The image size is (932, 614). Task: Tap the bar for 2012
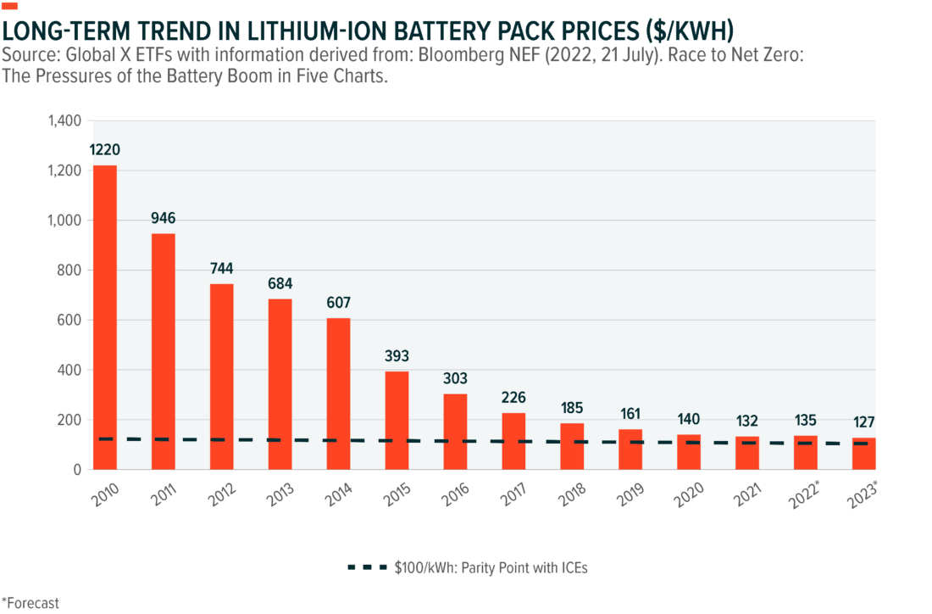coord(222,376)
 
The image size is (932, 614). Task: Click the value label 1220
coord(105,150)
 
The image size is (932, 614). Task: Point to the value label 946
coord(164,218)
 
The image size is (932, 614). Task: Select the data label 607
coord(338,303)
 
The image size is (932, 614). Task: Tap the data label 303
coord(455,378)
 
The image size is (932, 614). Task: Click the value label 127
coord(863,422)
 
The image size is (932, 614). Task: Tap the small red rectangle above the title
coord(9,6)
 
